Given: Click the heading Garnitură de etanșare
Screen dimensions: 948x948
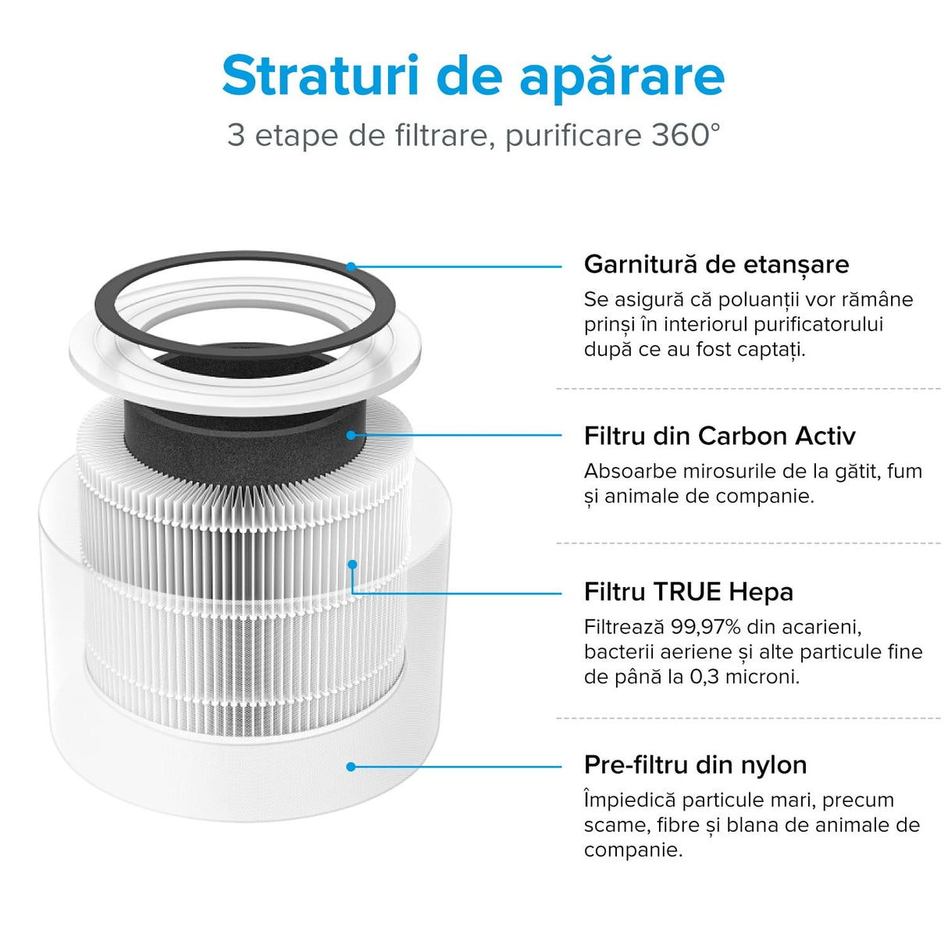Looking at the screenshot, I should pos(716,264).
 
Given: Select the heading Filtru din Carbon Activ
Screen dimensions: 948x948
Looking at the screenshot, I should pos(719,436).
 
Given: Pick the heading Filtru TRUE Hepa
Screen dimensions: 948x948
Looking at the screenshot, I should pos(688,592).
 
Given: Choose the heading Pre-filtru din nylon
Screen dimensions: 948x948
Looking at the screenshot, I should pos(695,764).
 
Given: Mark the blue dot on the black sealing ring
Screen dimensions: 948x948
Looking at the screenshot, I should pos(351,266).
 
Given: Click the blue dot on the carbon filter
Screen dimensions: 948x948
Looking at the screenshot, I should pos(351,435).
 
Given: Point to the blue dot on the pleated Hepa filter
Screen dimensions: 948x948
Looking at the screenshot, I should pos(352,564).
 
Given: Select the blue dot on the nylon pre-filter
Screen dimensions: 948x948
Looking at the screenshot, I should pos(351,767).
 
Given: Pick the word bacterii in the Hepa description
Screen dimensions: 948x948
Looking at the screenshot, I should pos(614,652).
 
